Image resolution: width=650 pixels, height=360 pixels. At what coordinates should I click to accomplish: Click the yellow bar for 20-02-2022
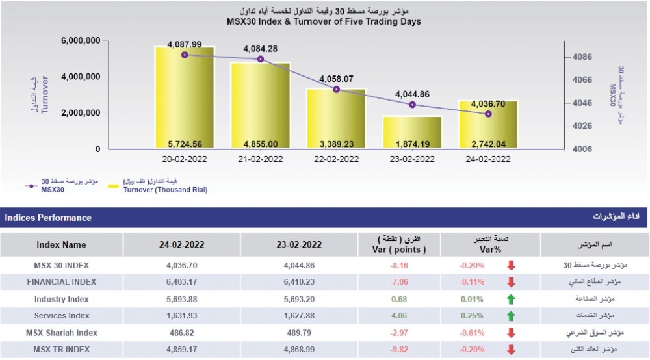coord(185,97)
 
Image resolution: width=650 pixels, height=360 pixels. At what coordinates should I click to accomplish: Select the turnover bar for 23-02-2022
coord(412,133)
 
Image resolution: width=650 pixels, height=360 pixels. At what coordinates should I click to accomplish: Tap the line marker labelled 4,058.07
coord(336,89)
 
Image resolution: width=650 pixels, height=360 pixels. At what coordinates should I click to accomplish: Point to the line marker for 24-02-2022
coord(488,114)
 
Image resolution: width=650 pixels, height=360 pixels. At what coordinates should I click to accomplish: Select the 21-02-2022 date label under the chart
coord(260,159)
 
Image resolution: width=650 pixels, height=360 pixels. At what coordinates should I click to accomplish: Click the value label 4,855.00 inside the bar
coord(260,144)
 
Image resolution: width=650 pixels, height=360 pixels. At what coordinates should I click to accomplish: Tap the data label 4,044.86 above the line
coord(412,94)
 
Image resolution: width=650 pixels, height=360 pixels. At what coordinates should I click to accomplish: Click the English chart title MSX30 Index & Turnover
coord(324,21)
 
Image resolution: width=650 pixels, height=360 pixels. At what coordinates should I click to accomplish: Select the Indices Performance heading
coord(48,218)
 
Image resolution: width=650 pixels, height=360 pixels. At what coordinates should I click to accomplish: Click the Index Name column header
coord(61,245)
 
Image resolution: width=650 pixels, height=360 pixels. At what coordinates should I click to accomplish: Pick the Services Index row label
coord(61,316)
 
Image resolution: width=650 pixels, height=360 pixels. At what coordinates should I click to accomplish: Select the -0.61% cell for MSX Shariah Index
coord(472,333)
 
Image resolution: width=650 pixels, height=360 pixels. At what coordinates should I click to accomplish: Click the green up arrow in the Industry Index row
coord(511,300)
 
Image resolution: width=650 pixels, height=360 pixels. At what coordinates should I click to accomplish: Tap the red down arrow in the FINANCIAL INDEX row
coord(511,282)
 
